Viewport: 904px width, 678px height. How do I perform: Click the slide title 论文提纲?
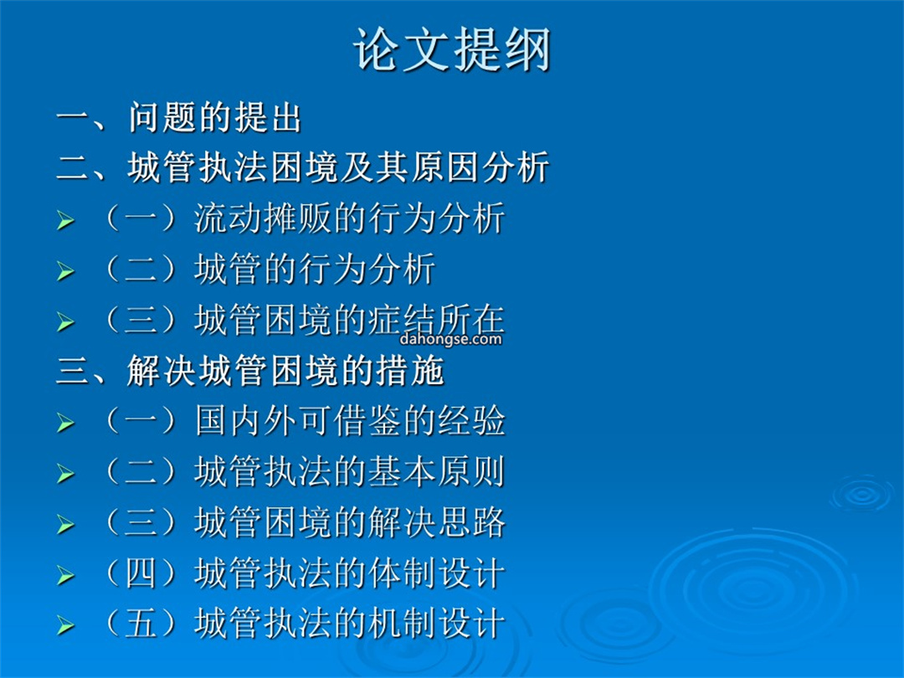pyautogui.click(x=452, y=49)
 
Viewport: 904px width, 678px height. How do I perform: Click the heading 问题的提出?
pyautogui.click(x=214, y=118)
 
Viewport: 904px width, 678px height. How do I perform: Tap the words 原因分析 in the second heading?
pyautogui.click(x=480, y=167)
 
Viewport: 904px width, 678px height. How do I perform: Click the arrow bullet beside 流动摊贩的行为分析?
pyautogui.click(x=66, y=220)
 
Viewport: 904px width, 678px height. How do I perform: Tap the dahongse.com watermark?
pyautogui.click(x=450, y=338)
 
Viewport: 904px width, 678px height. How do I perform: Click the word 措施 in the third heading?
pyautogui.click(x=409, y=370)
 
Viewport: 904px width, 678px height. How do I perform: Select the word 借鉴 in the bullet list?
pyautogui.click(x=367, y=421)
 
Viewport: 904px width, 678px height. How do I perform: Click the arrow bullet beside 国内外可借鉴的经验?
pyautogui.click(x=66, y=424)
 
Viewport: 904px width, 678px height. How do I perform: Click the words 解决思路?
pyautogui.click(x=436, y=522)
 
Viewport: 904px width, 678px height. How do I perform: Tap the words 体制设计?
pyautogui.click(x=436, y=573)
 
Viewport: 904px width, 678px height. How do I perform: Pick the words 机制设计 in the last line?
pyautogui.click(x=436, y=624)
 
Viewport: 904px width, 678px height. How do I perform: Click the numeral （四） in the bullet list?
pyautogui.click(x=141, y=573)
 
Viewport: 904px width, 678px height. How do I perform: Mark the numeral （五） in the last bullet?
pyautogui.click(x=141, y=624)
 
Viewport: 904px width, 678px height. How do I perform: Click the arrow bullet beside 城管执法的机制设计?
pyautogui.click(x=66, y=625)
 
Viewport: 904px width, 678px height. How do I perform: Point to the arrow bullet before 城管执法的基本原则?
pyautogui.click(x=66, y=474)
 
